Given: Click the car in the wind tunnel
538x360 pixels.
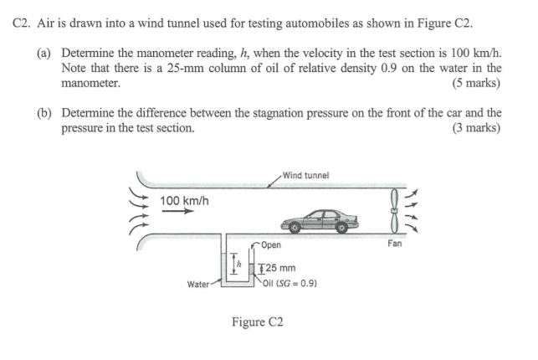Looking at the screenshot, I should (x=319, y=221).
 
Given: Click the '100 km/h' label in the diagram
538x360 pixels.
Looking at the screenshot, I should (x=184, y=200).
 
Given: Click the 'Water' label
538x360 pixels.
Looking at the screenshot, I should (x=198, y=284).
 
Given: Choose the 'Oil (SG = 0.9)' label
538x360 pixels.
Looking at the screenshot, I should (x=289, y=283).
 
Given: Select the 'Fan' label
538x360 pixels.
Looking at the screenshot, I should (x=395, y=244).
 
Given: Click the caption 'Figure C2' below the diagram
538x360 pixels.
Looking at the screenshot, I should (x=258, y=321).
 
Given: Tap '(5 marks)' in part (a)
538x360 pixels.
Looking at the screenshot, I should (x=475, y=83).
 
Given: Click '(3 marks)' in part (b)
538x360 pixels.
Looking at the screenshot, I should (x=475, y=127).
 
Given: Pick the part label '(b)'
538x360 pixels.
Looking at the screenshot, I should (x=45, y=112).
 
